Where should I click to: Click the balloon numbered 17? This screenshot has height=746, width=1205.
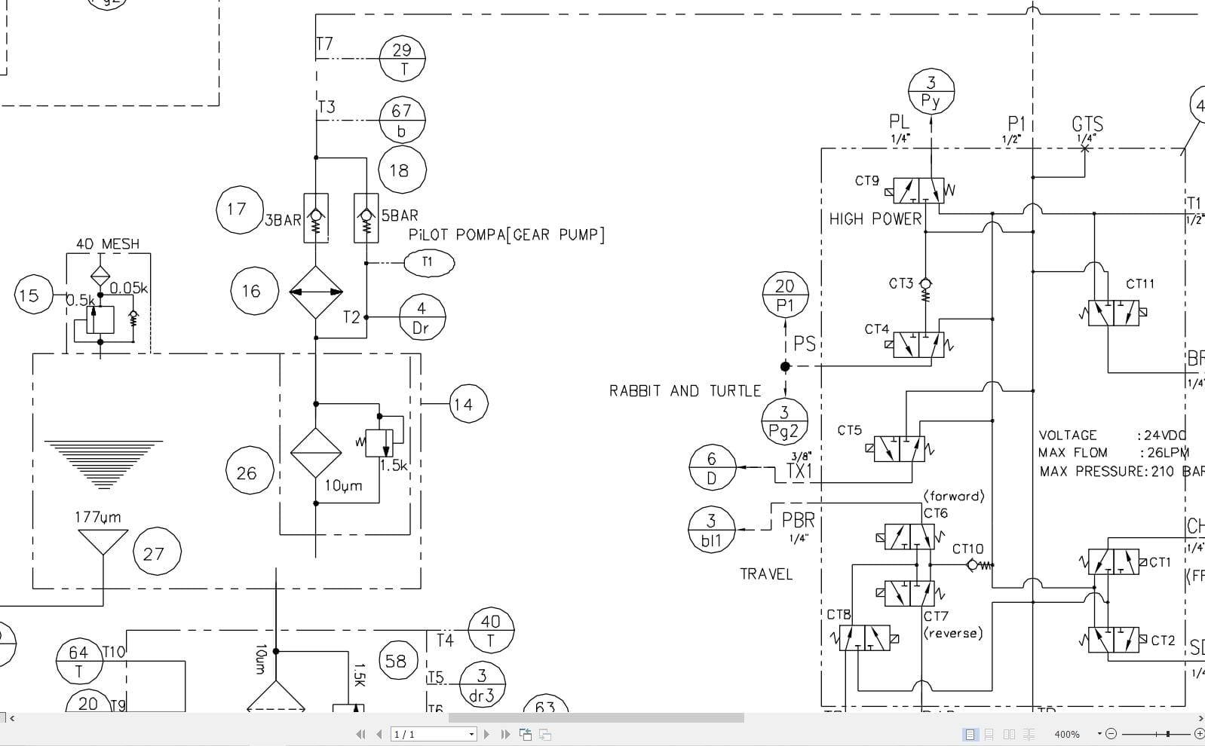coord(236,209)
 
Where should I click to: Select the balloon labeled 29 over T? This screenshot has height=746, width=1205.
coord(402,59)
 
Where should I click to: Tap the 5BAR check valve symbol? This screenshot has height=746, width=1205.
coord(366,219)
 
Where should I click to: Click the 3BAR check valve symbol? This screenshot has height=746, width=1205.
coord(315,219)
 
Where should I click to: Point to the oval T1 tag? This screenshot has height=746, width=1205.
coord(428,262)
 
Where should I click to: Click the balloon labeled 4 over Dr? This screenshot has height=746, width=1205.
coord(422,317)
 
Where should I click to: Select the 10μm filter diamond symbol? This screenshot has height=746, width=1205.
coord(316,453)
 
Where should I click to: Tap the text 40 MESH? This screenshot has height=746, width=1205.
coord(108,244)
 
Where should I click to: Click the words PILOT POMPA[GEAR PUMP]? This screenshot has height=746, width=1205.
coord(506,234)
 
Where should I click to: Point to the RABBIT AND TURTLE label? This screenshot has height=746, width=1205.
coord(685,391)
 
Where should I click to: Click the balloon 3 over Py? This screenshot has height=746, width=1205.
coord(931,91)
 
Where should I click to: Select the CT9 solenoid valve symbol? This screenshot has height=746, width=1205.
coord(918,191)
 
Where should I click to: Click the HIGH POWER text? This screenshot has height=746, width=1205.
coord(875,219)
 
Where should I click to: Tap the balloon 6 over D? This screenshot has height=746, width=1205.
coord(711,467)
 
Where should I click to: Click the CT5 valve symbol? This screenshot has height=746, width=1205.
coord(899,449)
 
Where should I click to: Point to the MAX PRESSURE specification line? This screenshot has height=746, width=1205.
coord(1121,472)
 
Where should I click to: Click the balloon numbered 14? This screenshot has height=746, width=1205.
coord(468,405)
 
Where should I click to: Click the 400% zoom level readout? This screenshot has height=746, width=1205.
coord(1066,734)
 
